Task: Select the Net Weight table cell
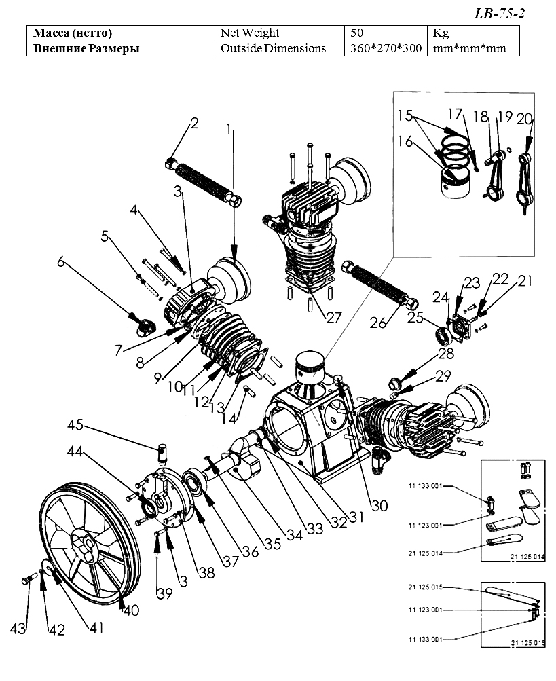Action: [250, 33]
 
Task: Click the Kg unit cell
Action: [442, 33]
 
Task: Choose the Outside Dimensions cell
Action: [273, 48]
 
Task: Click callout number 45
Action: [76, 426]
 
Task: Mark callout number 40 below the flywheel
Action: [130, 610]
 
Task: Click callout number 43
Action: [20, 629]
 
